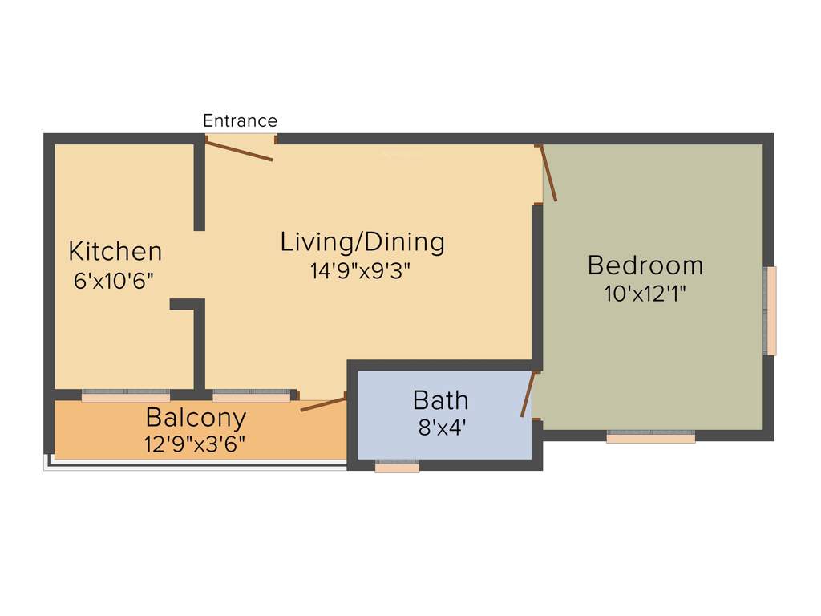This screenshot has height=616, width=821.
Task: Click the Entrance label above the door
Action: click(x=240, y=121)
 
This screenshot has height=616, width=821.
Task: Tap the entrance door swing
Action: click(x=239, y=150)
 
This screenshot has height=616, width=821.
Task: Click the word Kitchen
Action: click(x=115, y=251)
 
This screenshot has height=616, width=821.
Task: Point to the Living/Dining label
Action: click(x=362, y=241)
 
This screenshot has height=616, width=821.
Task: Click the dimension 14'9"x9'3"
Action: click(x=361, y=271)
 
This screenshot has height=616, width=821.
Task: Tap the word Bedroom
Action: click(x=645, y=265)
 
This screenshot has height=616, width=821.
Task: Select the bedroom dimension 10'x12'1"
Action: click(x=645, y=294)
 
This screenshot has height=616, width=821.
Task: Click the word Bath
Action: click(x=440, y=399)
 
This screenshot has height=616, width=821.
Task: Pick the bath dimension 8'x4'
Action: click(x=442, y=428)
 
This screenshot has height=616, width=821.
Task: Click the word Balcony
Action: click(x=196, y=418)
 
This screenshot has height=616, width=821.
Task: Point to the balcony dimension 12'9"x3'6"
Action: click(x=196, y=444)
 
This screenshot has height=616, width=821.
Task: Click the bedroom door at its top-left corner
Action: click(x=548, y=172)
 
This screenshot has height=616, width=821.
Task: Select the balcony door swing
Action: click(x=323, y=403)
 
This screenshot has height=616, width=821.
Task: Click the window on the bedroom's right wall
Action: click(x=770, y=310)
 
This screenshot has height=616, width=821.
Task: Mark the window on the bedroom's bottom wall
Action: click(x=650, y=436)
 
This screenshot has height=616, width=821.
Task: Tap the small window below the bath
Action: click(x=397, y=466)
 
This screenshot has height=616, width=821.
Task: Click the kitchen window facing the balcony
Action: click(x=126, y=395)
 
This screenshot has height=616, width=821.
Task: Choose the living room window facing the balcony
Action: click(x=251, y=395)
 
